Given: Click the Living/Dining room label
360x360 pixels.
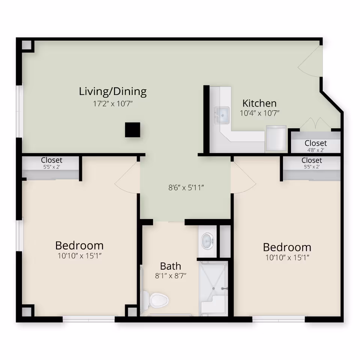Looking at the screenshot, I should point(112,91).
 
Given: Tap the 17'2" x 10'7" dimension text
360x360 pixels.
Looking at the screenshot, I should point(112,103).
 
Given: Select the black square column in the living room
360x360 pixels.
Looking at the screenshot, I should point(132,130).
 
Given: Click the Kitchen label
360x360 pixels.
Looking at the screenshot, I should point(259,103).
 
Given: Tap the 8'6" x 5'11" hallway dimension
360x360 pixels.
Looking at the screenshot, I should point(186,187).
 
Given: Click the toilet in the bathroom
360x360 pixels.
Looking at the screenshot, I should point(155,299).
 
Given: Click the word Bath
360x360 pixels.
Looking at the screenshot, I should point(171,266).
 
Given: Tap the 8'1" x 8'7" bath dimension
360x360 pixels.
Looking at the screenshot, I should point(171,276).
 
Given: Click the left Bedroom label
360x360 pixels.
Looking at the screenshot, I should point(79,246).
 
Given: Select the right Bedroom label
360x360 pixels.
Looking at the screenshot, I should point(287,247).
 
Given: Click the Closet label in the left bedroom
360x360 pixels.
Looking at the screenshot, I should point(52,160).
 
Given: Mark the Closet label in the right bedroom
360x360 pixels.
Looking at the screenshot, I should point(312,160).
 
